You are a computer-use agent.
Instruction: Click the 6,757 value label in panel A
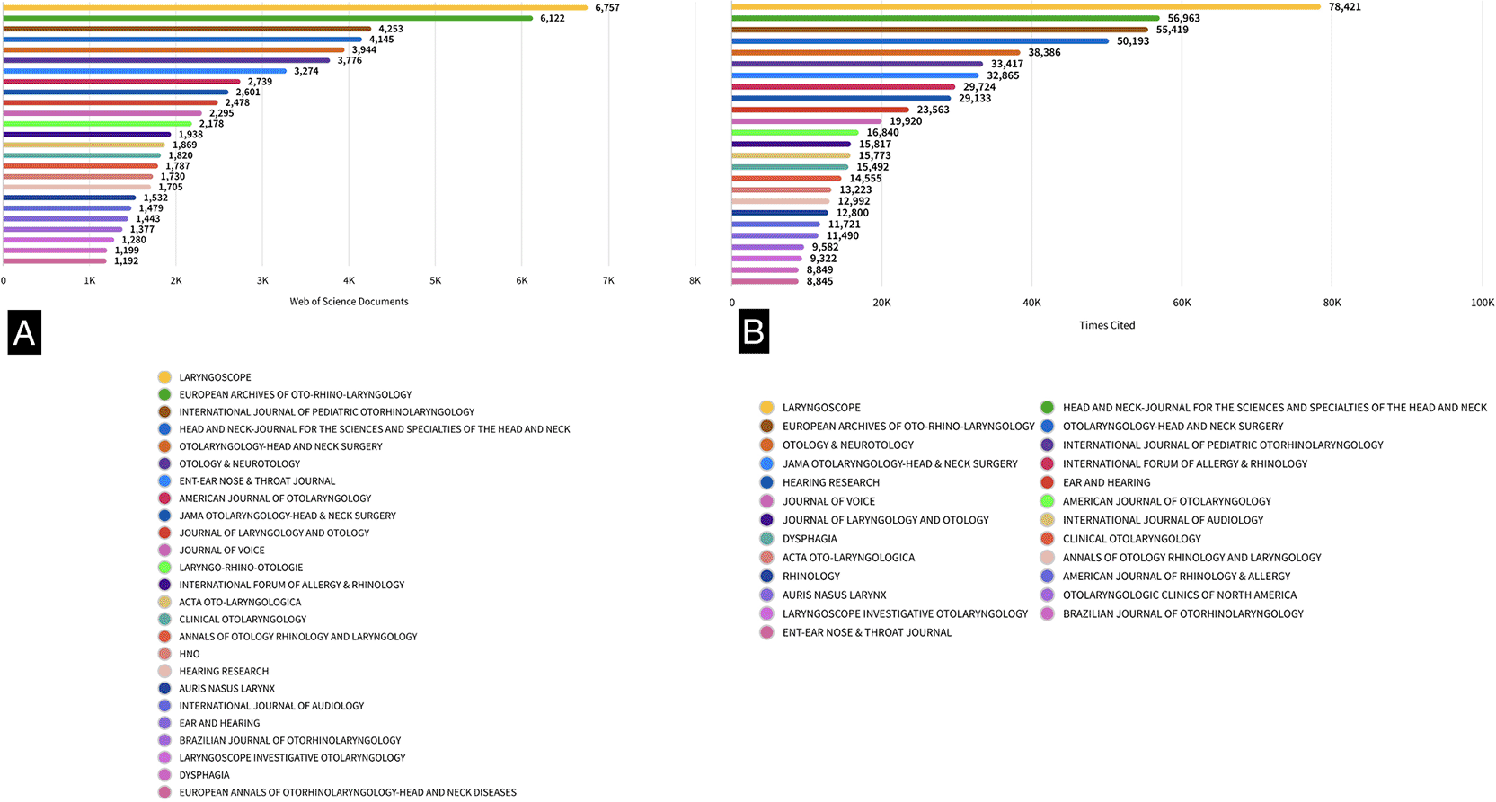[607, 8]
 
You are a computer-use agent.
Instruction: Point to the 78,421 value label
[1344, 7]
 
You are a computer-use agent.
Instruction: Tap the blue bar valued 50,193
[920, 41]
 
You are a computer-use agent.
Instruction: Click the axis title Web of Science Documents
[349, 302]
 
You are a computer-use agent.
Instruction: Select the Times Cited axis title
[1107, 325]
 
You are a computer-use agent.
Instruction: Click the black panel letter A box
[24, 332]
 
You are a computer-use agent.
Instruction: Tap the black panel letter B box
[753, 332]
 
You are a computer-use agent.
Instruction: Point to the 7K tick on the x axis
[608, 281]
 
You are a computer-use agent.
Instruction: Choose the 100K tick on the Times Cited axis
[1482, 304]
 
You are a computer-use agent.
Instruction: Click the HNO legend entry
[189, 654]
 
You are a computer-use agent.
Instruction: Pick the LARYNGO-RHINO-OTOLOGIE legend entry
[240, 568]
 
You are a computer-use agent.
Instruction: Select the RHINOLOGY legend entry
[810, 577]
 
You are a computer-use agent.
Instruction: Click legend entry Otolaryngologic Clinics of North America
[1179, 595]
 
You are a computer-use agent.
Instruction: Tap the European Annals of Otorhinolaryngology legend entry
[347, 792]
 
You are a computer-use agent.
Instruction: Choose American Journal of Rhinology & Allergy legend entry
[1175, 577]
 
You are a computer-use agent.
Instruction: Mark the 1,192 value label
[126, 261]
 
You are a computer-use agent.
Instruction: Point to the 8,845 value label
[819, 282]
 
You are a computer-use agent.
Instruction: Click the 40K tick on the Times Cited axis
[1031, 304]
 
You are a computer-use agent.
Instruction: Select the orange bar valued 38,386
[876, 53]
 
